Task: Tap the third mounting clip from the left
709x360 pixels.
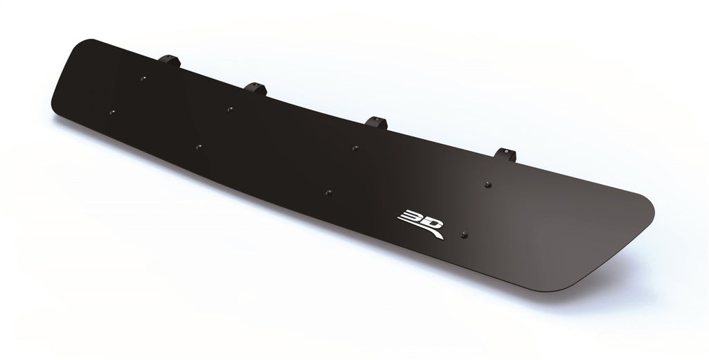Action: point(377,123)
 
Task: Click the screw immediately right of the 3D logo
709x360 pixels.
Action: point(464,235)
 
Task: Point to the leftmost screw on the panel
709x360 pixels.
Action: point(112,111)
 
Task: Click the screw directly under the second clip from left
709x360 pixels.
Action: point(229,109)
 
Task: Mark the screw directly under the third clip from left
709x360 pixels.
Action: point(354,147)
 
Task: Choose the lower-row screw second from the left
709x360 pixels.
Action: point(198,147)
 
